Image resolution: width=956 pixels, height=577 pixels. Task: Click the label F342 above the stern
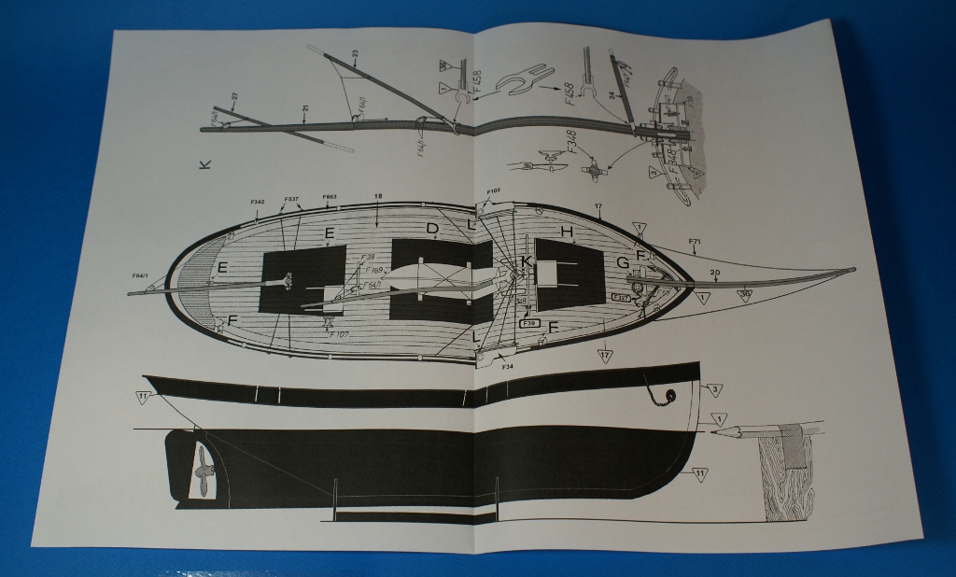[259, 202]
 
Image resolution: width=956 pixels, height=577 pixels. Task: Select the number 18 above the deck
[378, 197]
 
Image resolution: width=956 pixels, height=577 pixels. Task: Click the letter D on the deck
[432, 228]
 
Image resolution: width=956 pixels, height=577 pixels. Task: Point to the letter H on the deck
[566, 231]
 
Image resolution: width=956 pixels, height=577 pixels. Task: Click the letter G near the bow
[622, 263]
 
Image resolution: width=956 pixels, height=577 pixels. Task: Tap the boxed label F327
[623, 297]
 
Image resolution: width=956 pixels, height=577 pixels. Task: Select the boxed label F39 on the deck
[529, 322]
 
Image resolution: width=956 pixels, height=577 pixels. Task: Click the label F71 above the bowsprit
[695, 242]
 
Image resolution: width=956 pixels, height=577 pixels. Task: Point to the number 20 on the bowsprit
[714, 273]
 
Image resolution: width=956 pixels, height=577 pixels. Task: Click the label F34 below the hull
[508, 367]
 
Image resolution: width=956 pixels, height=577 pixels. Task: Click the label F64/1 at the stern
[140, 275]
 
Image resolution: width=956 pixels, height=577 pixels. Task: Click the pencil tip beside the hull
[713, 432]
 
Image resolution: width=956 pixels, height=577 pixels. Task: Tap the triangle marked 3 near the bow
[714, 389]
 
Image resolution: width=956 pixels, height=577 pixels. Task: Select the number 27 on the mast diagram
[234, 96]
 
